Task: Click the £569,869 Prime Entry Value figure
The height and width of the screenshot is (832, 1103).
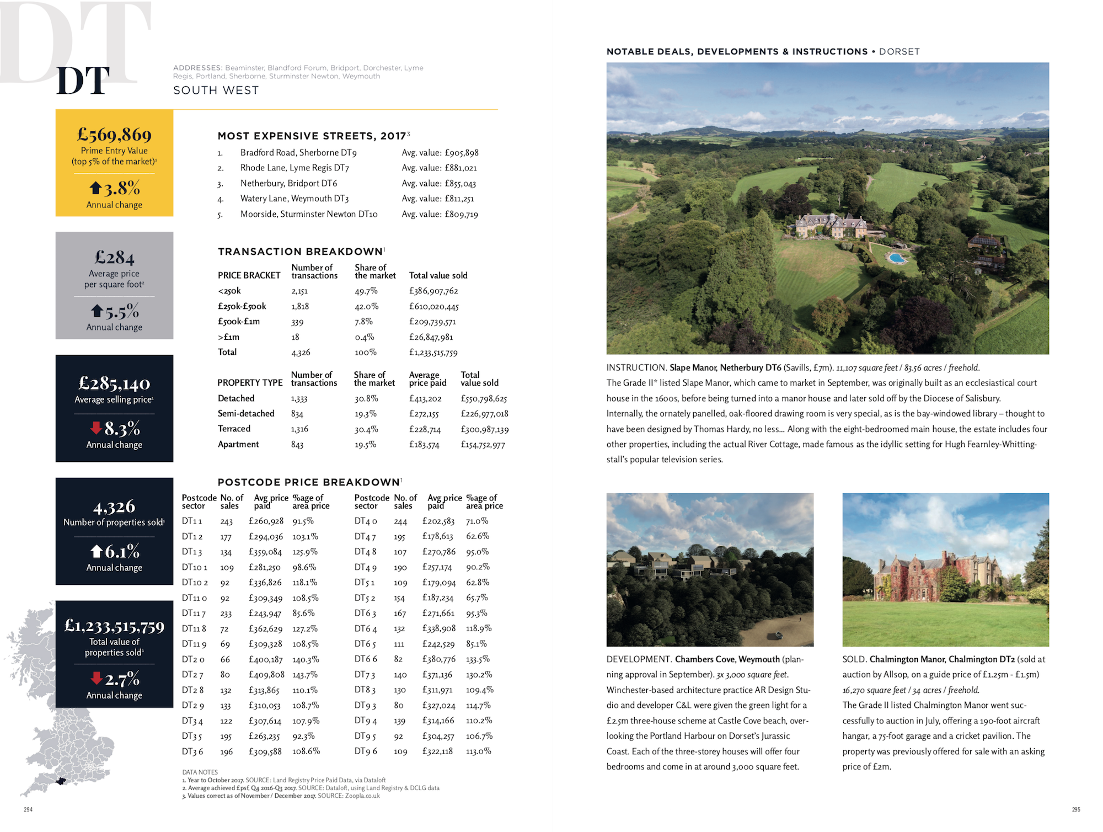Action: click(114, 135)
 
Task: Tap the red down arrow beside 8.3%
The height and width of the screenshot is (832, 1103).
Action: click(96, 428)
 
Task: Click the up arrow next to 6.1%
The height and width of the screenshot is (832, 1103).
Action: click(97, 551)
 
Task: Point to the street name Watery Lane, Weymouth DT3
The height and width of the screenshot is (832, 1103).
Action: click(294, 199)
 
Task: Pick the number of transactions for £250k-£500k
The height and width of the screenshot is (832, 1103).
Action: click(300, 306)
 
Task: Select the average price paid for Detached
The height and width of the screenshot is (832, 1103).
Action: click(425, 398)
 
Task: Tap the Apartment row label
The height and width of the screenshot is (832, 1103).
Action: click(238, 444)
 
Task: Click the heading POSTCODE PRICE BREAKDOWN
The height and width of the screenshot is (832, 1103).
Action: click(309, 482)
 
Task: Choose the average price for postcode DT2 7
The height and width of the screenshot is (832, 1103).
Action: click(266, 675)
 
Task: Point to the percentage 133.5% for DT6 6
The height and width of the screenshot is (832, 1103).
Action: click(478, 659)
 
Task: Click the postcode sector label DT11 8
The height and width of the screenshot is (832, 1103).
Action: click(194, 628)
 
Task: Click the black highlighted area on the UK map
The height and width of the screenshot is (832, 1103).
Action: click(61, 781)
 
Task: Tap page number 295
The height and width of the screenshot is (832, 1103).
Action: click(1075, 809)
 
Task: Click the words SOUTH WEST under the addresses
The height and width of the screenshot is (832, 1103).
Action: click(216, 90)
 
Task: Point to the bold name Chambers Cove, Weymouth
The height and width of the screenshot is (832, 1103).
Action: click(727, 659)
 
